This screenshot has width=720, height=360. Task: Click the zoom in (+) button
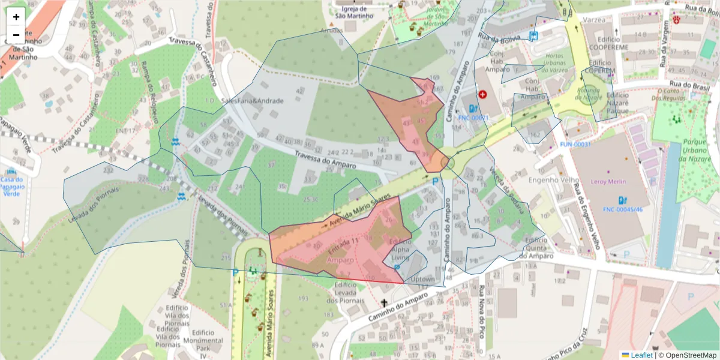pyautogui.click(x=16, y=17)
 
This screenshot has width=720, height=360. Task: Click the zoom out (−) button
pyautogui.click(x=16, y=35)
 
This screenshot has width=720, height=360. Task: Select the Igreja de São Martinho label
pyautogui.click(x=353, y=12)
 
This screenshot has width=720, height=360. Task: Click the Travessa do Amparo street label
pyautogui.click(x=325, y=159)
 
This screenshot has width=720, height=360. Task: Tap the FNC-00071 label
pyautogui.click(x=475, y=118)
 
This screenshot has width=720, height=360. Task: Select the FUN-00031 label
pyautogui.click(x=575, y=145)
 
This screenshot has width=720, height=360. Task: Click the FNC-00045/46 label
pyautogui.click(x=623, y=209)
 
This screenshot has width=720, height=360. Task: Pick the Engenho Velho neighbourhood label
pyautogui.click(x=553, y=180)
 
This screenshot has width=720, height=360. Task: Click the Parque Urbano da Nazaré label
pyautogui.click(x=698, y=149)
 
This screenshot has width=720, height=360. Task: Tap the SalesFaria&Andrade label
pyautogui.click(x=252, y=101)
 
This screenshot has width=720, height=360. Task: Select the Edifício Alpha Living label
pyautogui.click(x=400, y=250)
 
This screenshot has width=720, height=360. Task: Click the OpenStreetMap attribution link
pyautogui.click(x=687, y=355)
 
